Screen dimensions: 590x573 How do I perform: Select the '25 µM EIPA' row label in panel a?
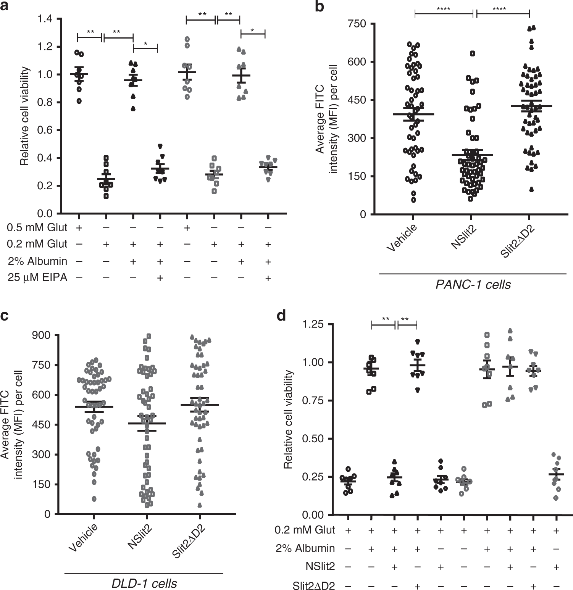pyautogui.click(x=37, y=277)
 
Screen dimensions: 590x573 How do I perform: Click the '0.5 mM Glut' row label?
pyautogui.click(x=37, y=227)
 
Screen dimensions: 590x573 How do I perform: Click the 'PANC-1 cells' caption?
pyautogui.click(x=473, y=285)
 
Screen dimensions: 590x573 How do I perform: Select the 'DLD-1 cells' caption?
pyautogui.click(x=144, y=584)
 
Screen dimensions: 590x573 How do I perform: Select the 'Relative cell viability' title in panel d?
pyautogui.click(x=288, y=419)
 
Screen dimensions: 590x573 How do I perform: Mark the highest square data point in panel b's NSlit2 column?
pyautogui.click(x=472, y=53)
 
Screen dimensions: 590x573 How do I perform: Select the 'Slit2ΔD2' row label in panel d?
pyautogui.click(x=313, y=585)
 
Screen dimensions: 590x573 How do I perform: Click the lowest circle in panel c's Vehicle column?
pyautogui.click(x=94, y=499)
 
